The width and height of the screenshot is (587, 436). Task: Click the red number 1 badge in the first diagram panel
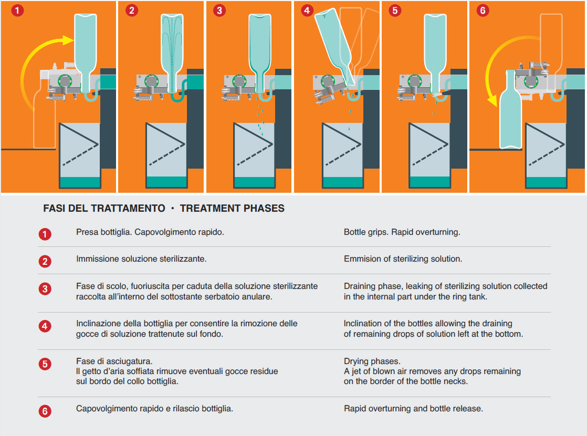(18, 11)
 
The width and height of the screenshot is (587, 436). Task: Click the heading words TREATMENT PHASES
(232, 209)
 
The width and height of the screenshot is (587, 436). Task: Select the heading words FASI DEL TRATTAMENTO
(104, 209)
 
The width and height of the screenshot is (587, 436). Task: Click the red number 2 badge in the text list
(45, 261)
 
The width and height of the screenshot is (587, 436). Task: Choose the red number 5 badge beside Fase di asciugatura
(45, 364)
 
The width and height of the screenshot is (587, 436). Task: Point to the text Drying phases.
(372, 361)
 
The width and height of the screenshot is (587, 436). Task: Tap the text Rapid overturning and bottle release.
(413, 409)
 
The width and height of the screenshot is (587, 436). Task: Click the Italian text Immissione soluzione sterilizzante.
(141, 259)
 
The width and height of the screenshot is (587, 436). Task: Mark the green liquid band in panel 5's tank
(429, 182)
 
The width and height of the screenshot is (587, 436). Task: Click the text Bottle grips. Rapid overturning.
(402, 232)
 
